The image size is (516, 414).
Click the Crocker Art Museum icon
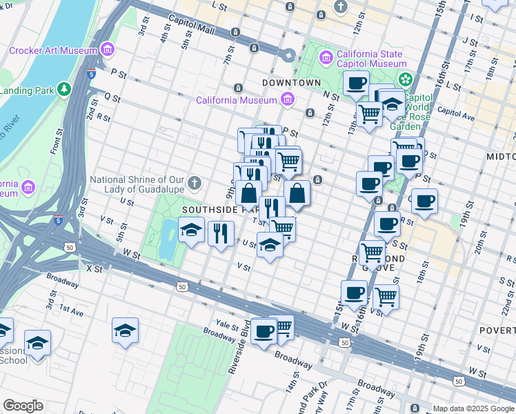106,50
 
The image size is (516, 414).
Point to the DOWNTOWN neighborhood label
292,83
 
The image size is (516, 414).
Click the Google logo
23,405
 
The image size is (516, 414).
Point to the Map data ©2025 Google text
473,408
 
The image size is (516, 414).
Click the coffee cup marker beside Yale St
264,331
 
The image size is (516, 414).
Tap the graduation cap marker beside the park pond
191,230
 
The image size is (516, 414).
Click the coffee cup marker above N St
357,83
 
